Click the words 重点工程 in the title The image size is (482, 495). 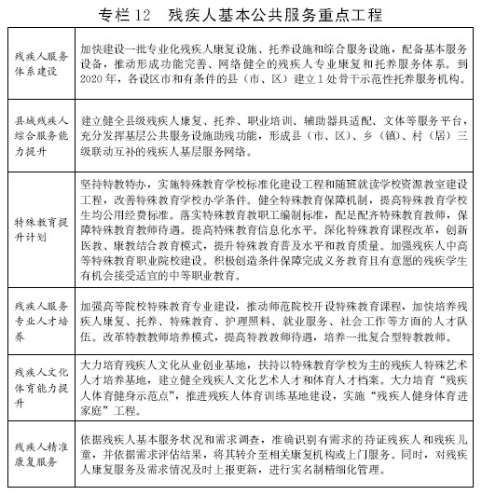point(348,15)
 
